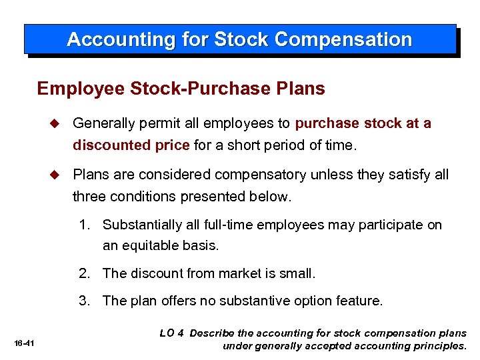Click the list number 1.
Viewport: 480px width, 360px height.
[83, 225]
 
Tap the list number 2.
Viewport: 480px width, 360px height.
[83, 273]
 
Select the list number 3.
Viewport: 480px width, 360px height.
[83, 301]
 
